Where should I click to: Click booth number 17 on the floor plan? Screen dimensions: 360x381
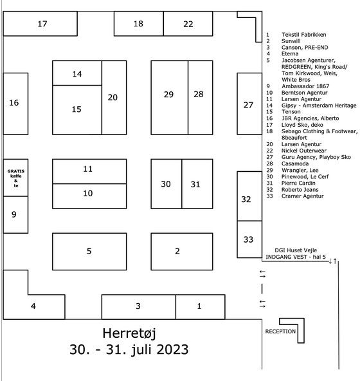click(40, 24)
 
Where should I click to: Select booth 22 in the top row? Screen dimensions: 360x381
click(188, 24)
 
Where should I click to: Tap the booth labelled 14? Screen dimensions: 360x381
click(77, 73)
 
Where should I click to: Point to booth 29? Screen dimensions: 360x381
click(170, 97)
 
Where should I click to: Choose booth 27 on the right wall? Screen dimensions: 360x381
click(249, 104)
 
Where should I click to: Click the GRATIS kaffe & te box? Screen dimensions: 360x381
click(16, 178)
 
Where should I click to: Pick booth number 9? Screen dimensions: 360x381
click(16, 214)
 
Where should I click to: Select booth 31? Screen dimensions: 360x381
click(197, 184)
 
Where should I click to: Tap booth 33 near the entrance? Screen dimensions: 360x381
click(249, 239)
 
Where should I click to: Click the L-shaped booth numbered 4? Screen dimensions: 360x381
click(34, 306)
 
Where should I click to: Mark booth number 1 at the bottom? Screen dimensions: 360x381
click(201, 307)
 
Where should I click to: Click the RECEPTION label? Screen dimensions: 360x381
click(280, 331)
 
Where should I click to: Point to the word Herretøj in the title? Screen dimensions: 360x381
click(129, 333)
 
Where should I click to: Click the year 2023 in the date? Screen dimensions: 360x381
click(172, 349)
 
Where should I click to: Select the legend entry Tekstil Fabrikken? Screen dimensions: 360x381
click(304, 35)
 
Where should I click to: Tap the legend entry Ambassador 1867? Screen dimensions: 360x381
click(305, 86)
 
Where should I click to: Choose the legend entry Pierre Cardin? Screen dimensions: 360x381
click(298, 183)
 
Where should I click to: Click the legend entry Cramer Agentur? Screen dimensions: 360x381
click(303, 196)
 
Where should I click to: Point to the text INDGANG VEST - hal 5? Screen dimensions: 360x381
click(296, 257)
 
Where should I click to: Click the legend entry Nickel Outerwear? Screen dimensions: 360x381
click(304, 151)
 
